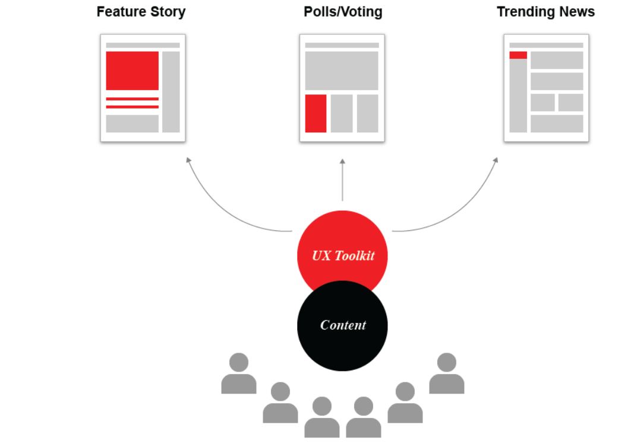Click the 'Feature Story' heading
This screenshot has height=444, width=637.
click(141, 12)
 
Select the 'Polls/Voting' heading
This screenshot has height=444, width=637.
click(343, 12)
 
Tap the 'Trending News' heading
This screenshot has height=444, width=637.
click(545, 12)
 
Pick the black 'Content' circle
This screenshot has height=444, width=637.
click(342, 326)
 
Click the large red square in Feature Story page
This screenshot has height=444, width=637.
click(133, 71)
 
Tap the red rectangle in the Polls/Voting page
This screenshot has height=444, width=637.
click(316, 113)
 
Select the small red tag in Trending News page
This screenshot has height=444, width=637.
click(518, 55)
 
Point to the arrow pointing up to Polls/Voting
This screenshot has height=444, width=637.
click(342, 180)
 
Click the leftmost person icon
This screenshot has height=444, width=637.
click(239, 373)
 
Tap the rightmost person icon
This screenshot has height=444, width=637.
click(447, 373)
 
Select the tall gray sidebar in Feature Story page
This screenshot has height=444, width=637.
click(171, 92)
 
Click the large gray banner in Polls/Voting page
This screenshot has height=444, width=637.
click(342, 71)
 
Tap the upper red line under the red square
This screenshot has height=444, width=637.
click(133, 99)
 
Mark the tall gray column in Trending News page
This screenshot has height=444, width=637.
click(518, 96)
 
